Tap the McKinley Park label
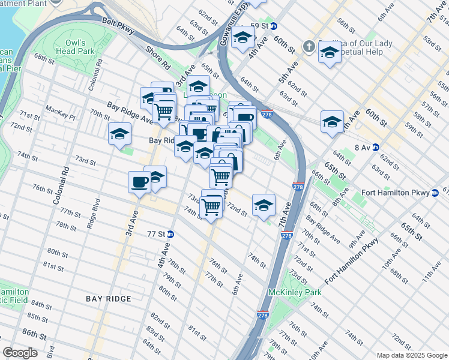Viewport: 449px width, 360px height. [295, 292]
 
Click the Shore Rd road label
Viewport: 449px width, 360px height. [157, 58]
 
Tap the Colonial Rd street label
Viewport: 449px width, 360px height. [63, 183]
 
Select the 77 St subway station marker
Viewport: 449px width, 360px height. [170, 235]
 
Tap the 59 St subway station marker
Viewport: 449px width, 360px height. [273, 26]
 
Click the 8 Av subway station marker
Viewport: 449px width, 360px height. [375, 147]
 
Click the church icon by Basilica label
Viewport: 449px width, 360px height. [309, 46]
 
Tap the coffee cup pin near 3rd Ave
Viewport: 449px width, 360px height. [139, 181]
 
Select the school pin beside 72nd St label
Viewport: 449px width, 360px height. [264, 205]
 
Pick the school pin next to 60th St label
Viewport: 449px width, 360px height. [332, 122]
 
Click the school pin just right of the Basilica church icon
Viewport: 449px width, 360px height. [329, 54]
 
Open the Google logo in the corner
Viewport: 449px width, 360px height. [20, 353]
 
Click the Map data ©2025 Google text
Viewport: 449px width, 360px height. [411, 355]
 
